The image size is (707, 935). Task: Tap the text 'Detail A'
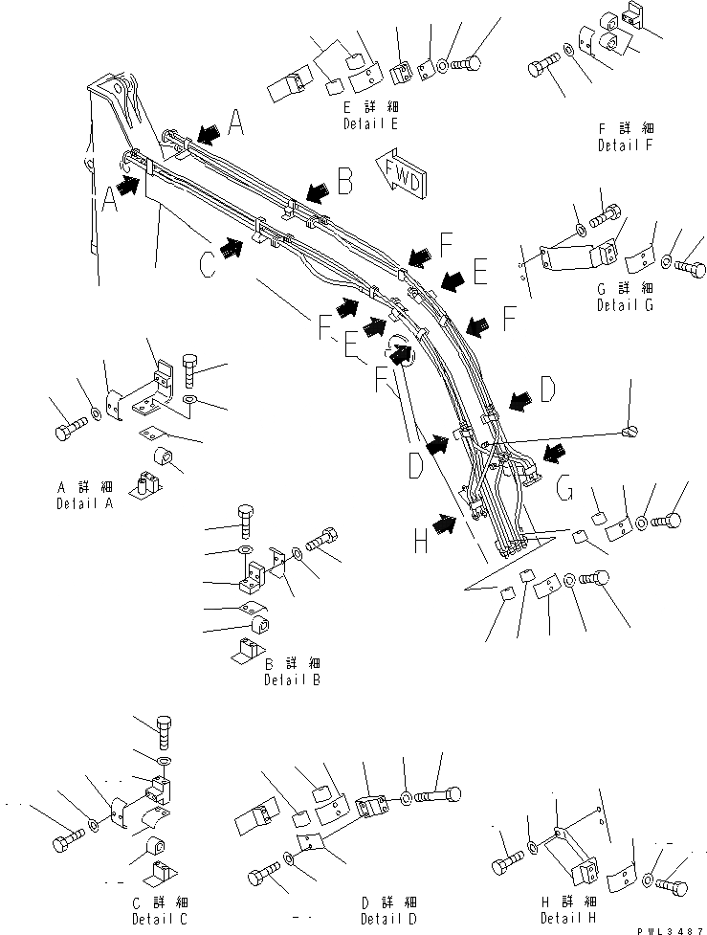(84, 502)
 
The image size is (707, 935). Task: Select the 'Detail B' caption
(291, 679)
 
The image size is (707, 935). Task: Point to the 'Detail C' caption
(159, 920)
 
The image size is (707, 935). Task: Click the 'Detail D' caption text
(387, 920)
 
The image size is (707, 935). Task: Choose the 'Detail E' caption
(370, 124)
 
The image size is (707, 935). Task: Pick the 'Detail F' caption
(625, 145)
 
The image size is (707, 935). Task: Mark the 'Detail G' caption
(626, 304)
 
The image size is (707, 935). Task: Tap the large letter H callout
(420, 542)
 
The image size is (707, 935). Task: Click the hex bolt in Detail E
(468, 63)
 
